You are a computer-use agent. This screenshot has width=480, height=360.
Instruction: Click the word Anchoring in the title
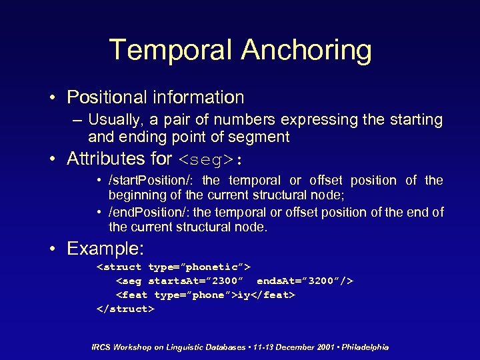point(306,51)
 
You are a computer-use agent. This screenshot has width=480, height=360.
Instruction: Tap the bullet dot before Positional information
point(52,98)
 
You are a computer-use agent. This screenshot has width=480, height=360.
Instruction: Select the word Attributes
point(105,159)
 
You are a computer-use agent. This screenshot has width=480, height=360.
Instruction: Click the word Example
point(104,249)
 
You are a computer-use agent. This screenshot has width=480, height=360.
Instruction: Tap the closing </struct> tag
point(125,309)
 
